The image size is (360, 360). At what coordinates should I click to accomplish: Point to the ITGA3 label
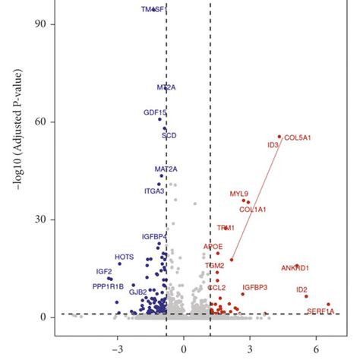click(154, 191)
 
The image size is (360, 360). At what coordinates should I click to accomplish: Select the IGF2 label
click(104, 271)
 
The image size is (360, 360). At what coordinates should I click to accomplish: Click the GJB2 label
click(137, 291)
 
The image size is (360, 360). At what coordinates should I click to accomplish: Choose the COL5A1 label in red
click(298, 137)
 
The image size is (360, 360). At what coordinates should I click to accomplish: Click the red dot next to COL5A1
click(279, 136)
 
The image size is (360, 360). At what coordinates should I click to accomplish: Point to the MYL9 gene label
click(238, 194)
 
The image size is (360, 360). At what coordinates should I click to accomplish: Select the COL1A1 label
click(253, 209)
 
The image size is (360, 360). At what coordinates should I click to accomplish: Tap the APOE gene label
click(213, 247)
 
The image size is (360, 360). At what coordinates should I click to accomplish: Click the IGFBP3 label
click(254, 287)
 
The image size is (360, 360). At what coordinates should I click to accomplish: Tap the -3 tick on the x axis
click(117, 350)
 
